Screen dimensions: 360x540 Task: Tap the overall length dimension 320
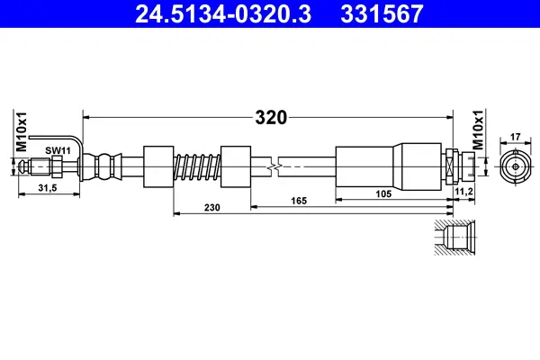(x=270, y=117)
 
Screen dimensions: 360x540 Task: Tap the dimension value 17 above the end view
(x=515, y=138)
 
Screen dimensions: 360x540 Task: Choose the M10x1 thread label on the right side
(x=479, y=130)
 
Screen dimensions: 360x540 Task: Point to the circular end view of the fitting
(x=515, y=166)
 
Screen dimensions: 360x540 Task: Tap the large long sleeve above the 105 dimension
(x=390, y=166)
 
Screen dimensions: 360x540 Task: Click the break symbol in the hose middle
(x=274, y=166)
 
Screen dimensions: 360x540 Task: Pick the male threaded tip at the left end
(x=36, y=166)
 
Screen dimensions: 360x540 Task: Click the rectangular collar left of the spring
(x=158, y=166)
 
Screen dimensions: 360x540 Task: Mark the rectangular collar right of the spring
(x=235, y=166)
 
